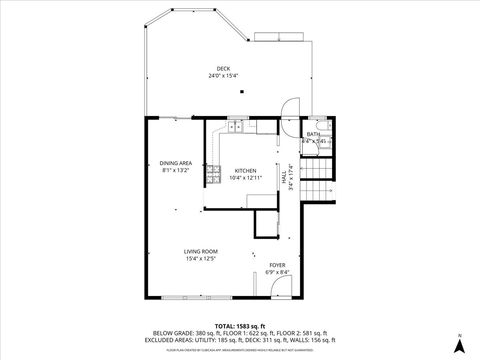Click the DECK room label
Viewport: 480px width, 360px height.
pos(223,68)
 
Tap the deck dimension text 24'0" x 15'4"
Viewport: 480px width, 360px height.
pos(223,76)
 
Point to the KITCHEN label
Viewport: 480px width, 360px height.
pos(245,171)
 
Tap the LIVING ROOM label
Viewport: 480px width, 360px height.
pos(201,251)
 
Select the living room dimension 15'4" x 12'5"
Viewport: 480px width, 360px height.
pos(201,259)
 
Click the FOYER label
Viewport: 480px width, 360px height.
pos(277,265)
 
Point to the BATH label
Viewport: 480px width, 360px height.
pos(314,134)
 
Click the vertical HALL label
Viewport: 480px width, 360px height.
pos(283,173)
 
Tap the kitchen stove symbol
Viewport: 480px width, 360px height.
pos(213,174)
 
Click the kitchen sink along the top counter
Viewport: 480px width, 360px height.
pos(238,126)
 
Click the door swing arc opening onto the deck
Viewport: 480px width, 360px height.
pos(289,107)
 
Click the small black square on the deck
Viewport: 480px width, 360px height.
pos(240,93)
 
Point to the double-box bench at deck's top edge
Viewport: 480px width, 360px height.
pos(279,37)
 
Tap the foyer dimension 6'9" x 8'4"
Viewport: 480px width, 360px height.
pos(277,273)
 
